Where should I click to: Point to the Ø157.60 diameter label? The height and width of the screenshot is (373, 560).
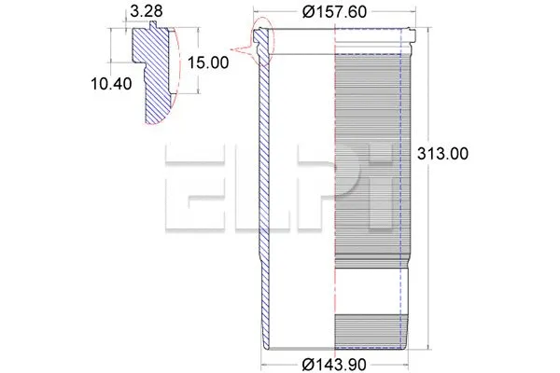tap(332, 12)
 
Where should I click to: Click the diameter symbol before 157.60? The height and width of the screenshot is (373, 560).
tap(305, 12)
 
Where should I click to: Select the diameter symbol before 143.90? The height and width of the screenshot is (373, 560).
tap(307, 364)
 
